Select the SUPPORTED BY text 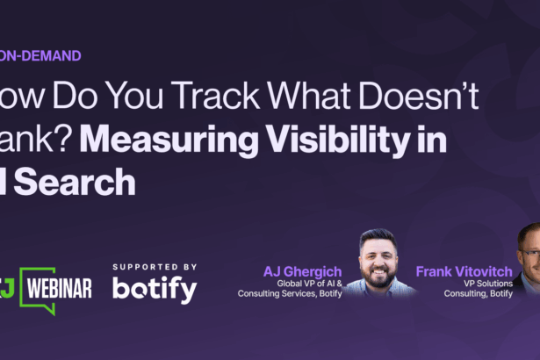click(155, 267)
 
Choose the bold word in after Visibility click(429, 142)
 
